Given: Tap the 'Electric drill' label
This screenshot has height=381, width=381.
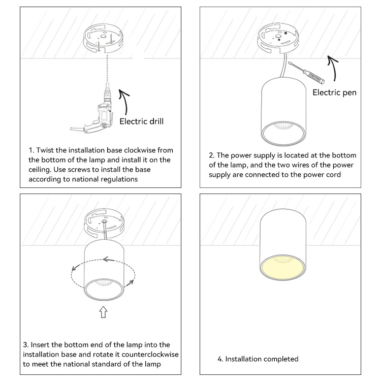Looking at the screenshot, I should point(141,121).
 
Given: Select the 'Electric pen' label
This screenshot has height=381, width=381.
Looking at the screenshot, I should point(334,92).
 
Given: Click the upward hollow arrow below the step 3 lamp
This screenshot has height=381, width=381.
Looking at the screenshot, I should point(103,312).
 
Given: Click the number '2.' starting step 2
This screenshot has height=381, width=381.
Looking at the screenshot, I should point(212,155).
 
